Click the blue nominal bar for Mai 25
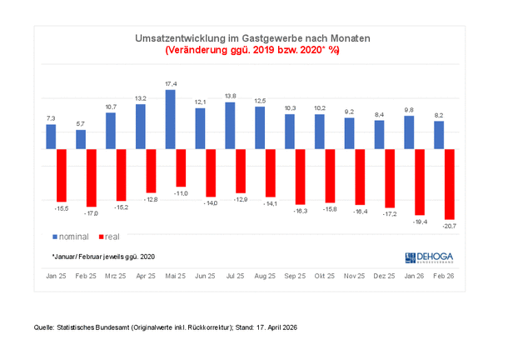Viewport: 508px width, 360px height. [x=171, y=119]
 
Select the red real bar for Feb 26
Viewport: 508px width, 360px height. [x=450, y=183]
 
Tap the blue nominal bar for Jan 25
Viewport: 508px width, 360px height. [x=52, y=137]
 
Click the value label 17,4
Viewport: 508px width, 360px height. [x=171, y=84]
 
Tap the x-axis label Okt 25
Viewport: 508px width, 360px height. [x=326, y=275]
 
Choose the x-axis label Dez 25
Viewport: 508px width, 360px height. [x=384, y=275]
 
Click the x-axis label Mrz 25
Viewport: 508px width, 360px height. [x=117, y=275]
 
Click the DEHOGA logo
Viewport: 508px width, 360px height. [x=431, y=257]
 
